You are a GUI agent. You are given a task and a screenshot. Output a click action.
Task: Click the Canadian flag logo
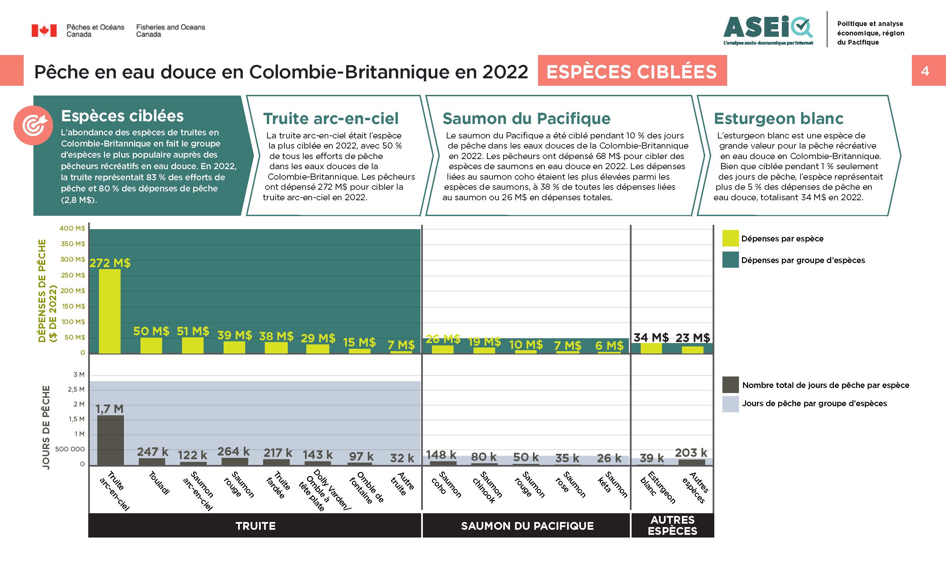(x=44, y=30)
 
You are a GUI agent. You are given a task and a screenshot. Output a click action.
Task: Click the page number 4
(x=925, y=71)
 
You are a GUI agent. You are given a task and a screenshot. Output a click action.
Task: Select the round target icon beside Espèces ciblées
(x=33, y=125)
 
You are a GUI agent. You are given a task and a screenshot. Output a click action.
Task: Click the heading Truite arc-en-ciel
(x=331, y=118)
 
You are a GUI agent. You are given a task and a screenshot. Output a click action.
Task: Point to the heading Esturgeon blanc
(x=778, y=118)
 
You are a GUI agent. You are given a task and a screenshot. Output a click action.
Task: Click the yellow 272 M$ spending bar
(x=109, y=311)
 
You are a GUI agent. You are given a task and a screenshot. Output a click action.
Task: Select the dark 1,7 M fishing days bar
(x=110, y=440)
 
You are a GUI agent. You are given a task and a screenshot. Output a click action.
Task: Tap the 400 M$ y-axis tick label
(x=72, y=228)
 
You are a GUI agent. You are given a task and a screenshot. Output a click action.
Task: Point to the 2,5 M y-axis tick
(x=76, y=389)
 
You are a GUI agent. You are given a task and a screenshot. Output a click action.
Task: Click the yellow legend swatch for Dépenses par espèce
(x=730, y=238)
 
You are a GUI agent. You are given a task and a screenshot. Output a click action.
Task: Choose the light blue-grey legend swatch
(x=730, y=403)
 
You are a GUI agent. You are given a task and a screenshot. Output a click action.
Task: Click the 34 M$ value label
(x=651, y=338)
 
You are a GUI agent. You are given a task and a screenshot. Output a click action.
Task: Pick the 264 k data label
(x=233, y=451)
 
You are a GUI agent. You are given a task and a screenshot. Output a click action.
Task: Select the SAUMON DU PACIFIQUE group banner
(x=527, y=526)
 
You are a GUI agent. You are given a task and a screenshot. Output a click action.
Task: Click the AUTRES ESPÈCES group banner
(x=672, y=525)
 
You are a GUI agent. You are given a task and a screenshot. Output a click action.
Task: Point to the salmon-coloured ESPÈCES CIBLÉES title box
(x=632, y=71)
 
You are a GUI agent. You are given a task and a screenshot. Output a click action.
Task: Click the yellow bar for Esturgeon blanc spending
(x=651, y=348)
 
